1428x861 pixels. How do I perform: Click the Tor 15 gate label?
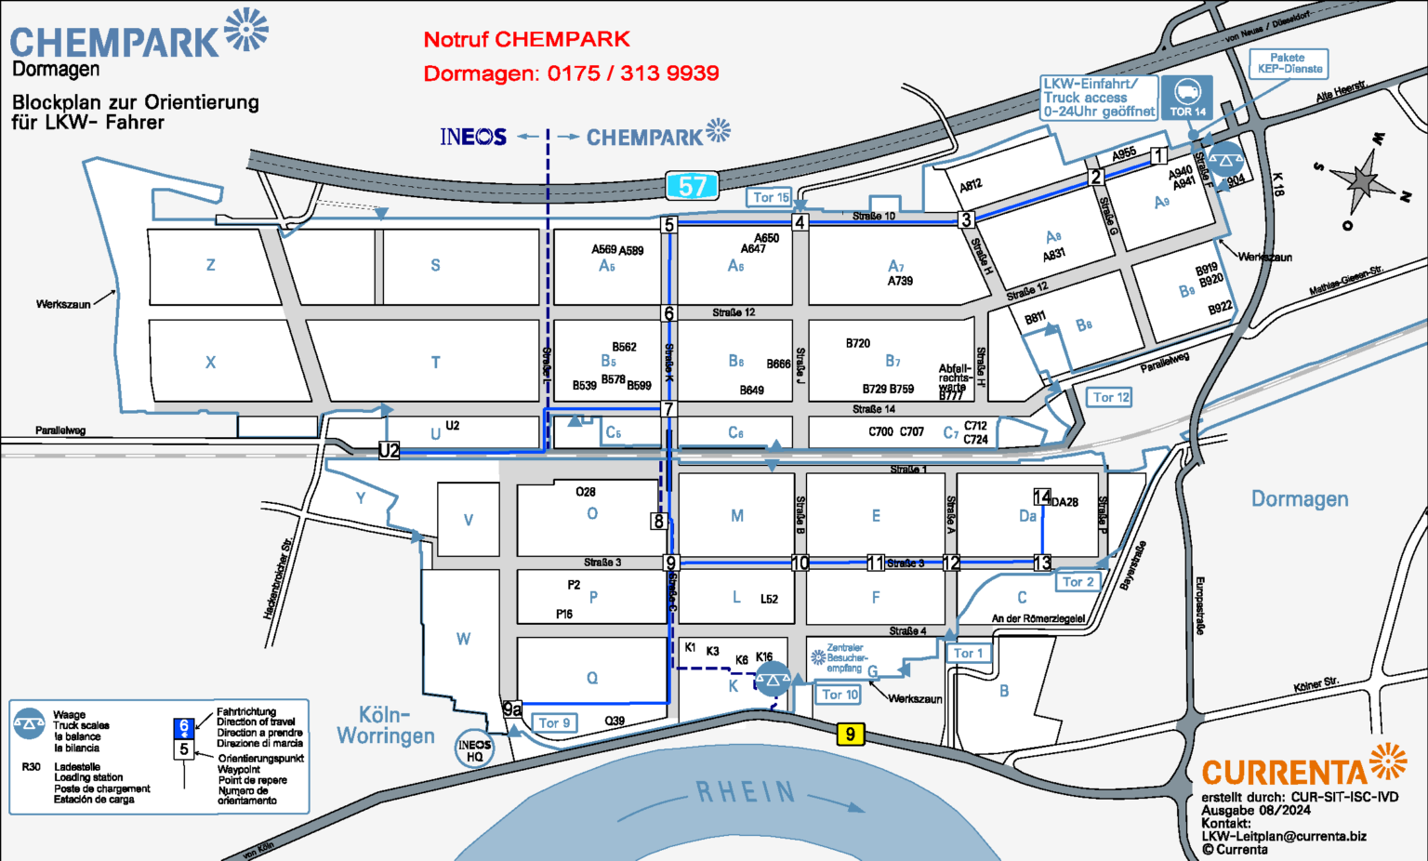(x=771, y=197)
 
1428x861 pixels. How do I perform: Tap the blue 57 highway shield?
(x=693, y=186)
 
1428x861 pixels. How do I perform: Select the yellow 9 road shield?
(x=850, y=735)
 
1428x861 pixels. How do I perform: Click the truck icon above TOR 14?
(x=1187, y=92)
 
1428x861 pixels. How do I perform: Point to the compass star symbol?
(x=1362, y=178)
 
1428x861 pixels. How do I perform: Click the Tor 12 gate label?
(x=1110, y=397)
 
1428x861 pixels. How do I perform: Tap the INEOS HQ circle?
(x=474, y=749)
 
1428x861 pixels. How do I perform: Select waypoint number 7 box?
(x=668, y=409)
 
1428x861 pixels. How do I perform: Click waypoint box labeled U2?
(x=389, y=451)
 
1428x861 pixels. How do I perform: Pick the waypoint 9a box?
(x=511, y=709)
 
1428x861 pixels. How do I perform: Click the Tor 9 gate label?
(x=555, y=722)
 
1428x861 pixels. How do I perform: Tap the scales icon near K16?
(x=773, y=680)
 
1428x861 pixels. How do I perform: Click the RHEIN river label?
(x=747, y=792)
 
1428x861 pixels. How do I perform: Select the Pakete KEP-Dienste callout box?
(x=1289, y=63)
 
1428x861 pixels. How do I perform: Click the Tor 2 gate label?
(x=1078, y=581)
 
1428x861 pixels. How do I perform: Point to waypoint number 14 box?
(x=1042, y=497)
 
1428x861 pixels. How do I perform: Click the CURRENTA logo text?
(x=1285, y=773)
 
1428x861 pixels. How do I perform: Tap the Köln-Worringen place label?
(x=385, y=725)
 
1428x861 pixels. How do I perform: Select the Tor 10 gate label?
(x=840, y=694)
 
